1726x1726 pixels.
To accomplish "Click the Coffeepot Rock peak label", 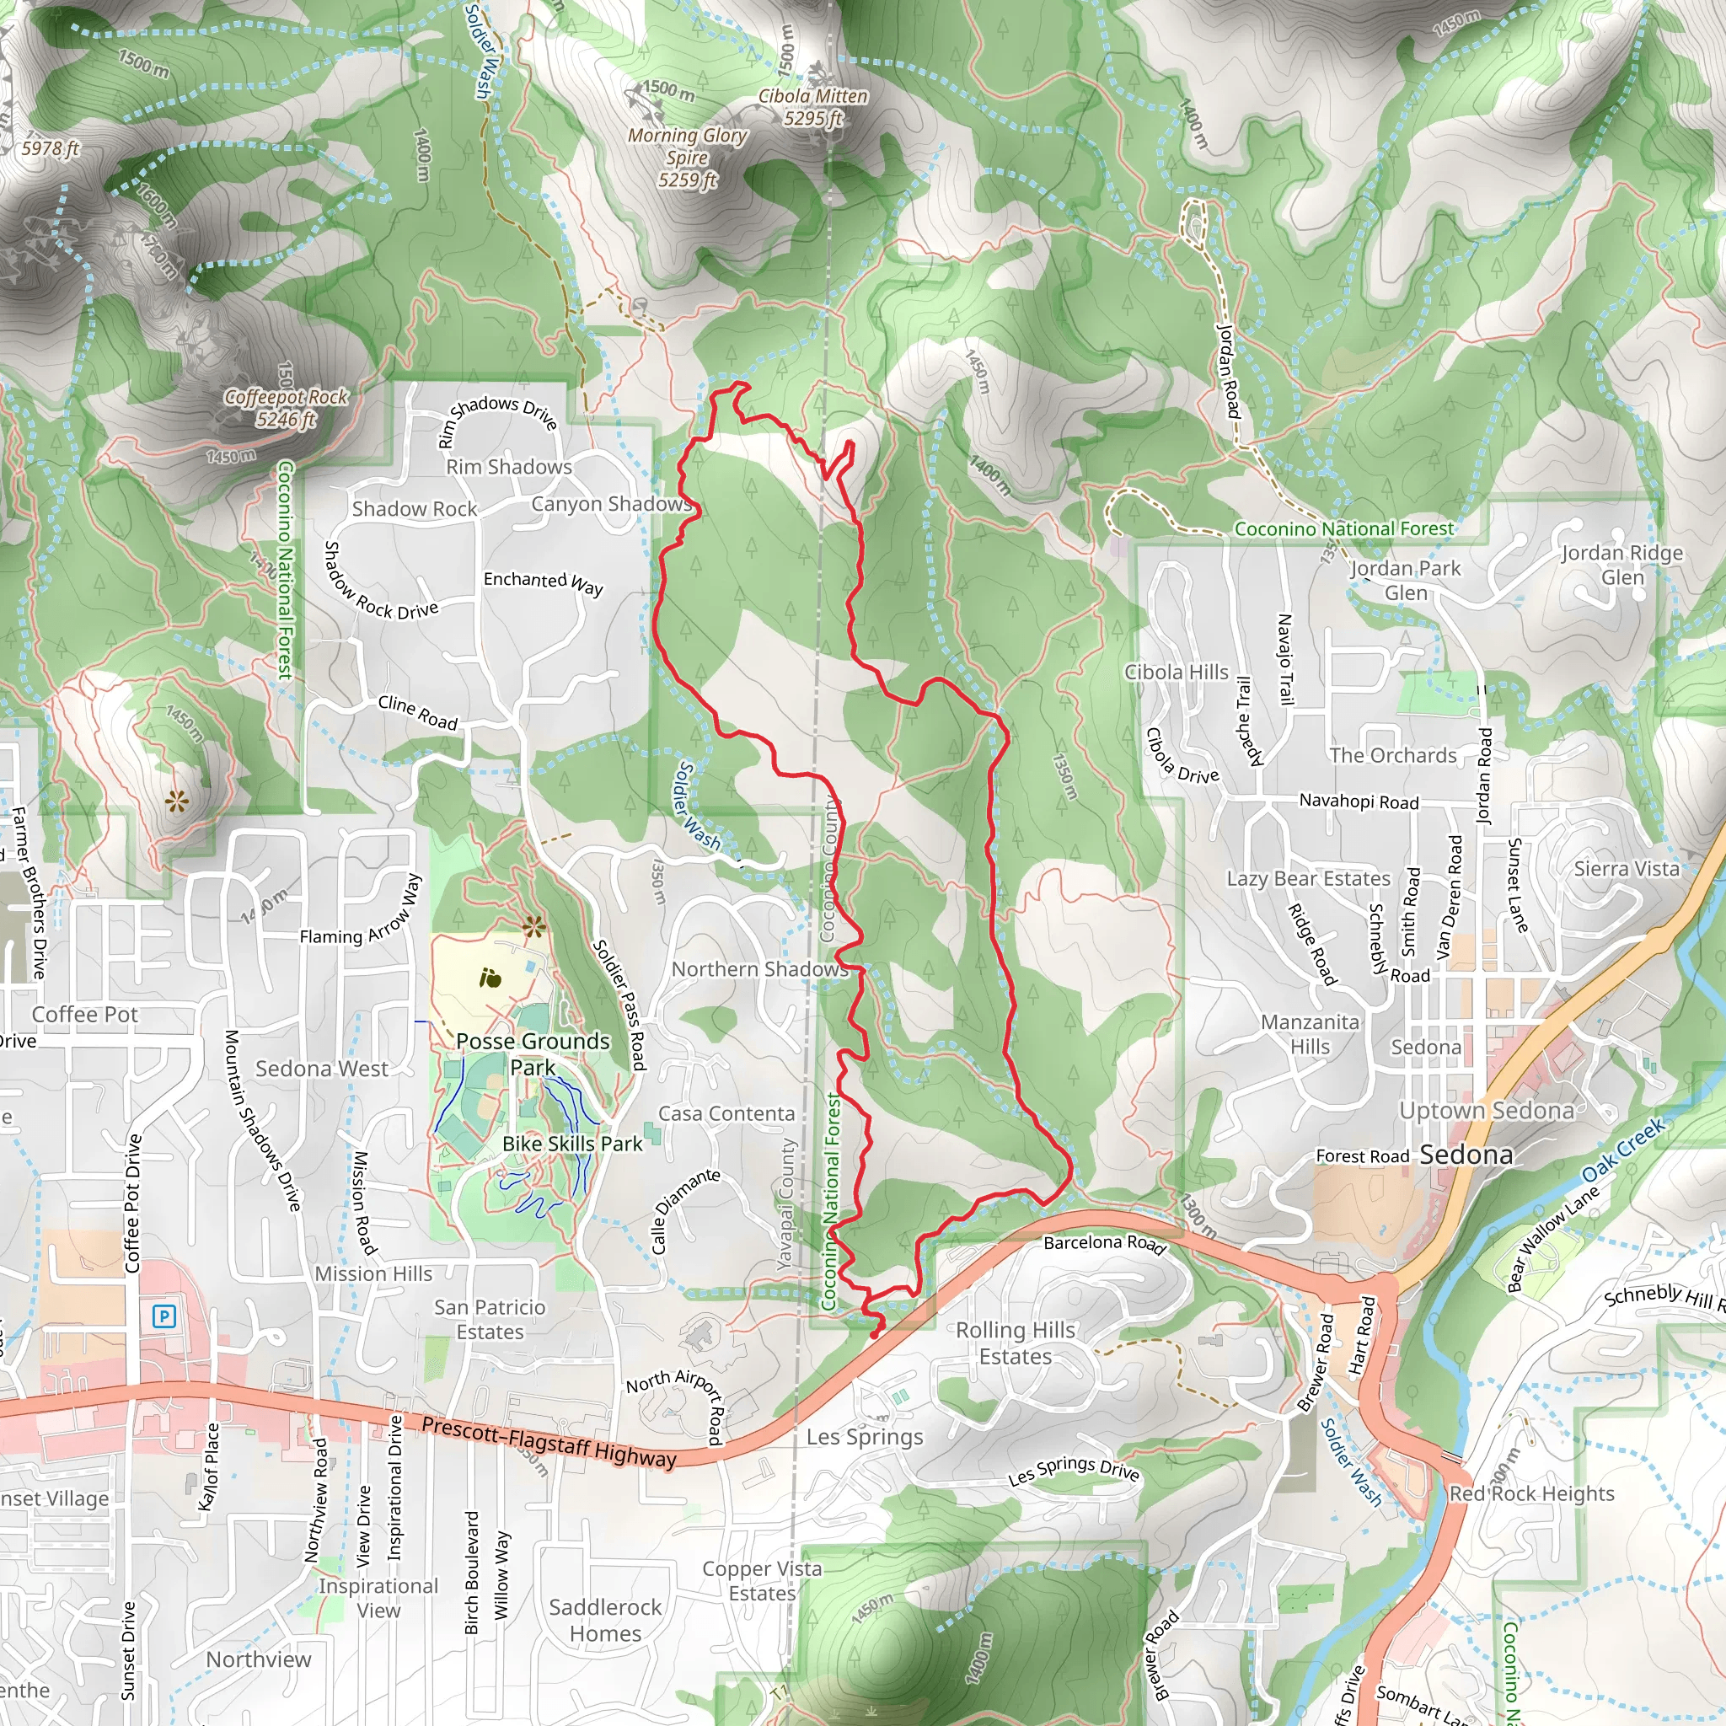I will tap(286, 407).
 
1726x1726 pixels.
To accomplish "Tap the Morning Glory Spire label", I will tap(687, 158).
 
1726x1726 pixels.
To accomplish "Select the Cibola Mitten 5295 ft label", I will tap(813, 106).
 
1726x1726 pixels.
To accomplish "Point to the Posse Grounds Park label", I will tap(533, 1054).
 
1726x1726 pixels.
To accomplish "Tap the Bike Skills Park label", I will tap(571, 1144).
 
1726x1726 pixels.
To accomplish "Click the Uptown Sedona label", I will tap(1487, 1111).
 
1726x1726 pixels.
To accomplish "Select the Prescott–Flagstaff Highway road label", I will tap(549, 1441).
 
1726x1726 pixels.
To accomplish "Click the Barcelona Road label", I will tap(1104, 1244).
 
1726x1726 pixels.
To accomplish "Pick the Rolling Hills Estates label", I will tap(1015, 1343).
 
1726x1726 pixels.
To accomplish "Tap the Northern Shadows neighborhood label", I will tap(759, 969).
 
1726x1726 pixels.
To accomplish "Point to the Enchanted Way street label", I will tap(544, 582).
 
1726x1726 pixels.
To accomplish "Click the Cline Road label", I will tap(417, 712).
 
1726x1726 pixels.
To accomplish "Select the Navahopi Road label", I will tap(1359, 801).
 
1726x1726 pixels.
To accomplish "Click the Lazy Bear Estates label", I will tap(1308, 879).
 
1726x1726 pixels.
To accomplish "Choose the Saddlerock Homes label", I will tap(605, 1620).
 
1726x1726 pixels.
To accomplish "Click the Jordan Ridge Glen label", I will tap(1621, 565).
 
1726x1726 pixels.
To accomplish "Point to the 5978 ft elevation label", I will tap(51, 148).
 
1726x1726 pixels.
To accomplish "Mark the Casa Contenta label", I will tap(726, 1114).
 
